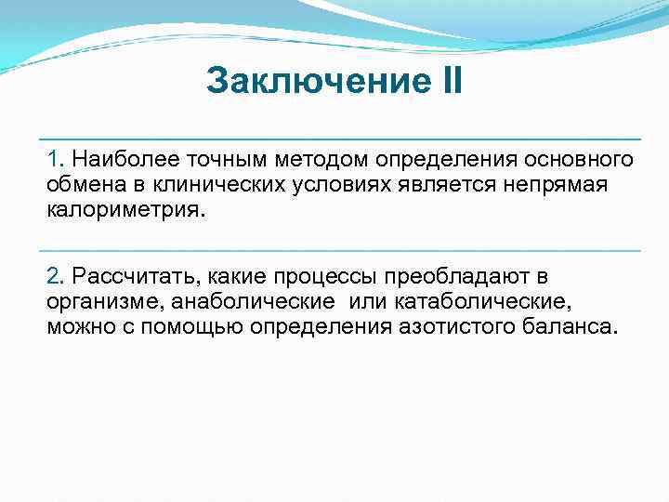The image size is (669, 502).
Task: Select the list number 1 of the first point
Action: (54, 159)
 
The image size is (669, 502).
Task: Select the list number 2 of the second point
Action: (54, 276)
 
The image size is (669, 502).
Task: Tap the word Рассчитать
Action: (136, 276)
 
